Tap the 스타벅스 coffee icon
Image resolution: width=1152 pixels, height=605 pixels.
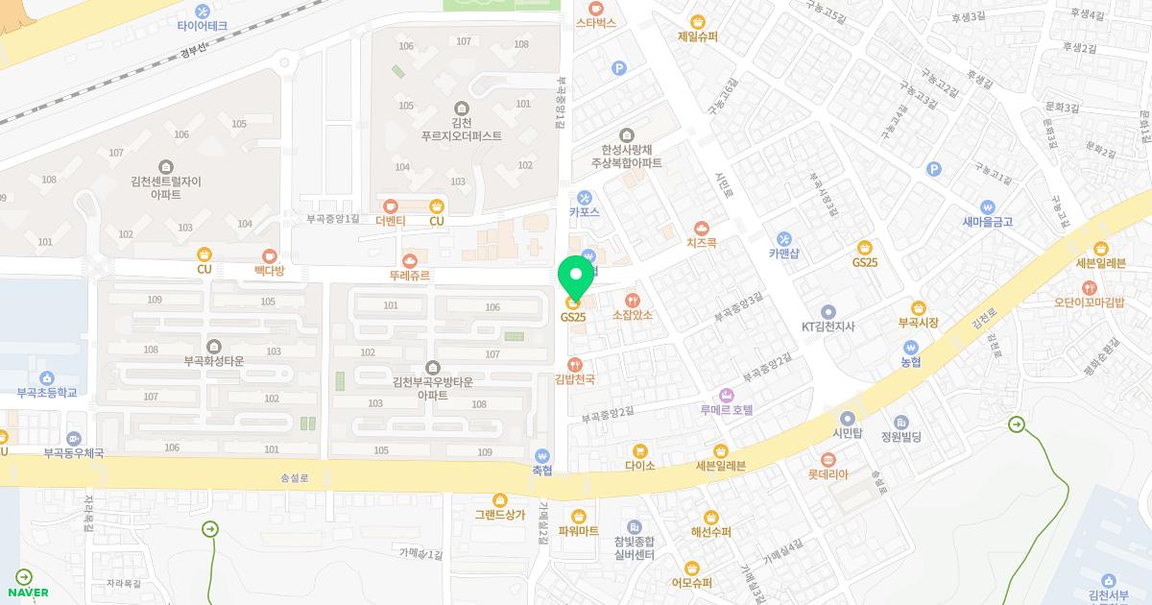(595, 7)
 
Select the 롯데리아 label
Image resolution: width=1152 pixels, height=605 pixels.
(828, 474)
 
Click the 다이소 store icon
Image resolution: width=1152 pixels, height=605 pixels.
(639, 450)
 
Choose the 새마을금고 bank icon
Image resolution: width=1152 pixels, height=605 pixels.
(987, 206)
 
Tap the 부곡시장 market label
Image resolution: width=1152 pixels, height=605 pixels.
(918, 323)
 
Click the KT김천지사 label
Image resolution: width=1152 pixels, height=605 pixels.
(828, 327)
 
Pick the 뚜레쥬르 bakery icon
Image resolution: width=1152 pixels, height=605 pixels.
(410, 259)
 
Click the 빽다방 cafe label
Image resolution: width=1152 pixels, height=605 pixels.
(269, 272)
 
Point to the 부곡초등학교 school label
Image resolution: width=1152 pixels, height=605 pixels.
(46, 393)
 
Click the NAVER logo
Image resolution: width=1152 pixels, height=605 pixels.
(28, 592)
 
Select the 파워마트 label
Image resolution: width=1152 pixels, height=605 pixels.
(578, 531)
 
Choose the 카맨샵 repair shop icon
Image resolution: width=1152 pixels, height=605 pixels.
(783, 239)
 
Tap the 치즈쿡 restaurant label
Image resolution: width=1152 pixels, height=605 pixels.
(702, 244)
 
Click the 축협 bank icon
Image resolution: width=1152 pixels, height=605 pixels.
(542, 455)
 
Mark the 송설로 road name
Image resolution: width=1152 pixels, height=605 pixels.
(295, 477)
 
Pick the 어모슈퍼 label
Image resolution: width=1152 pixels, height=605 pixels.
(692, 583)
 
